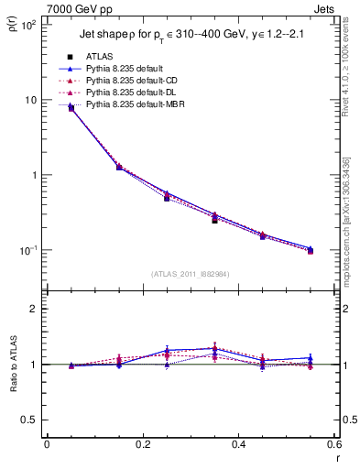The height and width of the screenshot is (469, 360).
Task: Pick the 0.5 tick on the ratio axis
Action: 32,420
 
